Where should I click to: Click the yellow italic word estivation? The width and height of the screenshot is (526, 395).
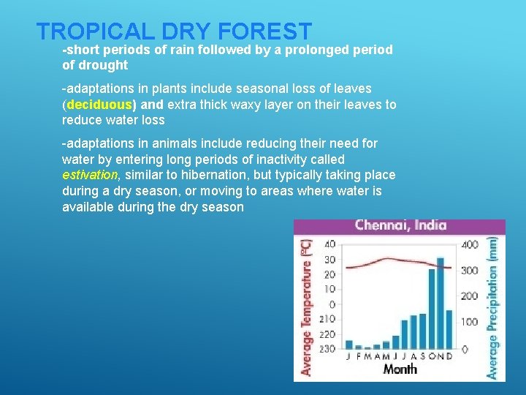pos(89,175)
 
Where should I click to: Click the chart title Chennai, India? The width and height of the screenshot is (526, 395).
pos(400,225)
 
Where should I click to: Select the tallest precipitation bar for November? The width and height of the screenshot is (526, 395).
pos(441,303)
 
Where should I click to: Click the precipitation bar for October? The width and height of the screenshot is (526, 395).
pos(431,309)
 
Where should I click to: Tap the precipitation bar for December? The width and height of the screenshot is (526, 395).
pos(449,329)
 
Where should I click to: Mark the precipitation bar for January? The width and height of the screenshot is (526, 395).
pos(348,345)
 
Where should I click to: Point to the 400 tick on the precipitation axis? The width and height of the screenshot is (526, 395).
pos(470,244)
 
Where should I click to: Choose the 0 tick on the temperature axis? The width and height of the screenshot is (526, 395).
pos(332,304)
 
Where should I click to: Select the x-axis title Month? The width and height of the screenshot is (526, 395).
pos(400,369)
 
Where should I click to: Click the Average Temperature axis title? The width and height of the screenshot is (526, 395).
pos(307,307)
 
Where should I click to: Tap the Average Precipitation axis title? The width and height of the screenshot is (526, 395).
pos(495,307)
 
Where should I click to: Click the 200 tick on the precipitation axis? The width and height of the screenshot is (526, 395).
pos(470,296)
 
